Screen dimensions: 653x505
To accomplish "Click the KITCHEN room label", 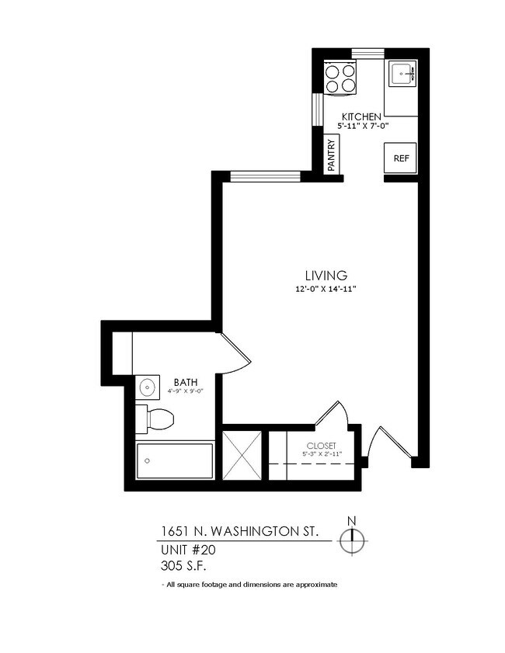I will [x=359, y=116].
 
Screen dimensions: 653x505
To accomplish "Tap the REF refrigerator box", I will [x=401, y=158].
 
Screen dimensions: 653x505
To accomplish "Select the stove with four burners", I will [x=341, y=78].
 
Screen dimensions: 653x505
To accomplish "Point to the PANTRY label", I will [x=332, y=155].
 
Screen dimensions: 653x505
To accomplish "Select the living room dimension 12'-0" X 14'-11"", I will [x=325, y=289].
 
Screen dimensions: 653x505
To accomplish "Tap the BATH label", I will [x=185, y=381].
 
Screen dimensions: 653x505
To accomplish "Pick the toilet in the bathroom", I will [x=155, y=419].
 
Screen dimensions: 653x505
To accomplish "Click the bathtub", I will [x=175, y=461].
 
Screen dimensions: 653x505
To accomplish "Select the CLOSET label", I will [x=321, y=445].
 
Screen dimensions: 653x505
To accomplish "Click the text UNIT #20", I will [x=187, y=549].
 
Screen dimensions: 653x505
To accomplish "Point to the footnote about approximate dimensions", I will [x=249, y=584].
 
